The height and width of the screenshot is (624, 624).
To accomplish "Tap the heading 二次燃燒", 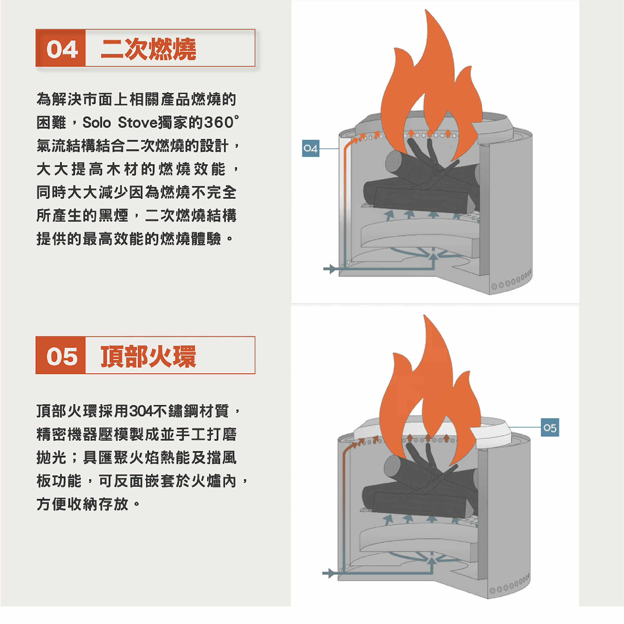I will (148, 49).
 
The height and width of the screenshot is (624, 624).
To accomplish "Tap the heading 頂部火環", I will (148, 356).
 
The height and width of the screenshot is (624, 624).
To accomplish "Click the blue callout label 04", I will (310, 148).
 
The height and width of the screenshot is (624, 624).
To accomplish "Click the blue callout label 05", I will (550, 428).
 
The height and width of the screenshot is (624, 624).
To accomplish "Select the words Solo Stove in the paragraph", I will (119, 122).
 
